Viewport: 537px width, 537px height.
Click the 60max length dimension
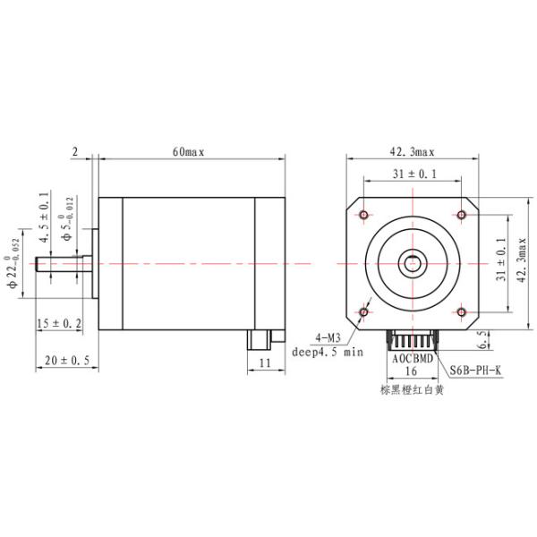[x=189, y=152]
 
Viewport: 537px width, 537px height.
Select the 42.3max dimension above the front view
[x=413, y=152]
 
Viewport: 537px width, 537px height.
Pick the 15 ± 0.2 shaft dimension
[x=59, y=323]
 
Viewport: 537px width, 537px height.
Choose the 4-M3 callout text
[x=328, y=337]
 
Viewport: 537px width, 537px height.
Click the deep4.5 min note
[x=328, y=352]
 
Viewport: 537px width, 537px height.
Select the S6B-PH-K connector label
[x=474, y=369]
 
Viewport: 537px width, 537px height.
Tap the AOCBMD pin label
[x=412, y=356]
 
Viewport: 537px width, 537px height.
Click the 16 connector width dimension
[x=412, y=369]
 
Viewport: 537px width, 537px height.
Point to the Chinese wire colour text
[x=412, y=389]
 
